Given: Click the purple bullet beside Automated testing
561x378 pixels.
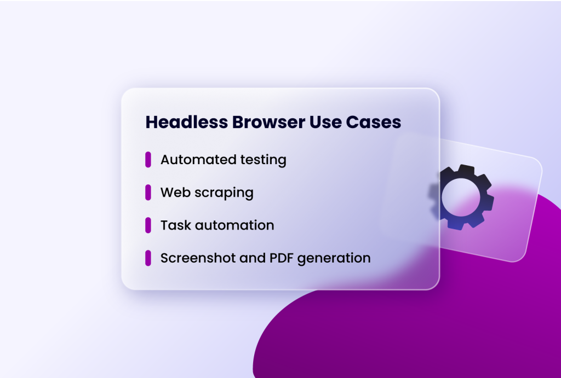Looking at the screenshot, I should tap(148, 160).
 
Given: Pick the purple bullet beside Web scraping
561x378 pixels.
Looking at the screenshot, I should tap(148, 193).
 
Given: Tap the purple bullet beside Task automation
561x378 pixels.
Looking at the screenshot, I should tap(148, 225).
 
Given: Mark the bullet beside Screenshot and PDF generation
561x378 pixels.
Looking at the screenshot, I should tap(148, 258).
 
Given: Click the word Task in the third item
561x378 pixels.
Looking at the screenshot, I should tap(173, 225).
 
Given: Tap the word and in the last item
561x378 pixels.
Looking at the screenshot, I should tap(253, 258).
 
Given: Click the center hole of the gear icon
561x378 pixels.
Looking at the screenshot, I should tap(461, 197).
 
